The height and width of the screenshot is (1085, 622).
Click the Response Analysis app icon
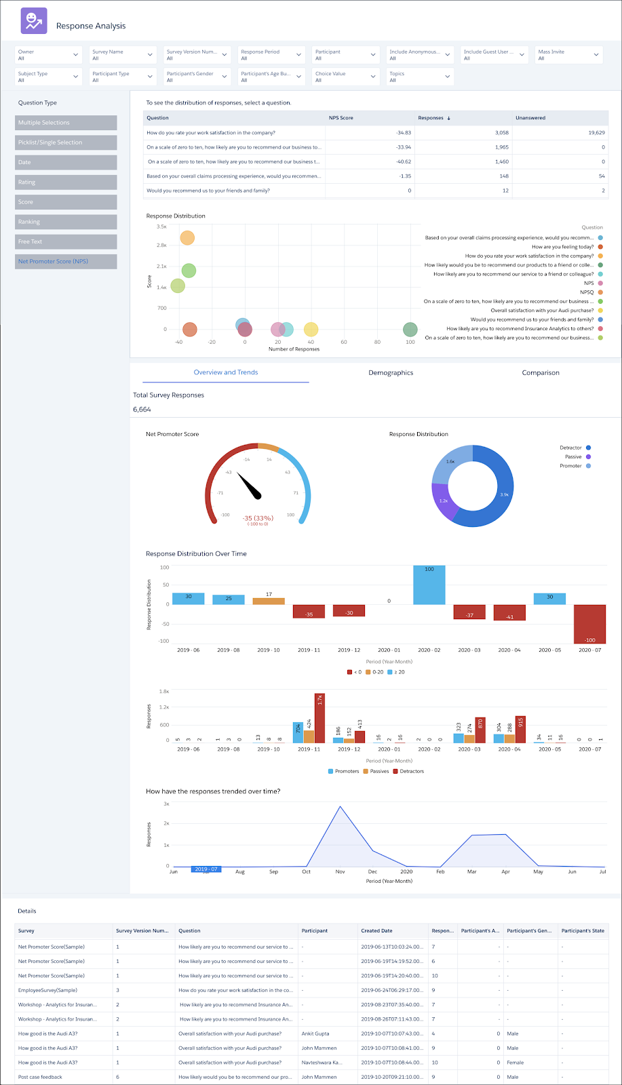34,21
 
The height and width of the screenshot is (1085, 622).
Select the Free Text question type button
66,241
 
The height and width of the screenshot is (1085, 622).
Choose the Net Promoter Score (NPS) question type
66,261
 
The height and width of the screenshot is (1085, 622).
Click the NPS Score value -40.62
403,161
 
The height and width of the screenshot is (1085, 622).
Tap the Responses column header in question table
431,118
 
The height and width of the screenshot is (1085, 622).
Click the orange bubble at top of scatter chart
187,237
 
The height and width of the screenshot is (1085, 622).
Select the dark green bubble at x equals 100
410,330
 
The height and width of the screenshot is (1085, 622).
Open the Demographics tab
391,373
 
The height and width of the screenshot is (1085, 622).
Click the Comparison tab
541,373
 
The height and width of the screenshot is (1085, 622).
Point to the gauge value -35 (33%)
258,518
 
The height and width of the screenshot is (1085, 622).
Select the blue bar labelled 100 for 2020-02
429,585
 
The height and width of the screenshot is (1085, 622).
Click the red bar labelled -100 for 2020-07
589,624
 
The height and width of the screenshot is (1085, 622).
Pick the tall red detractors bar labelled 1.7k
319,718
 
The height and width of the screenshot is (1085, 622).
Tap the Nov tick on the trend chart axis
340,871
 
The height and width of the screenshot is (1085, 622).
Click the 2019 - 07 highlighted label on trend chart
206,869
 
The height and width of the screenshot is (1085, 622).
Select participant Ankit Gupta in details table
315,1033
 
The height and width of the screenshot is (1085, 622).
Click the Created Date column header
376,930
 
